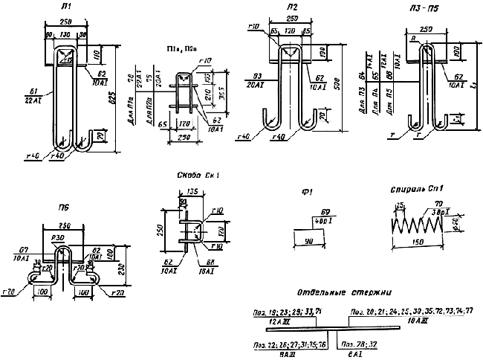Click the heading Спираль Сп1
click(413, 190)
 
